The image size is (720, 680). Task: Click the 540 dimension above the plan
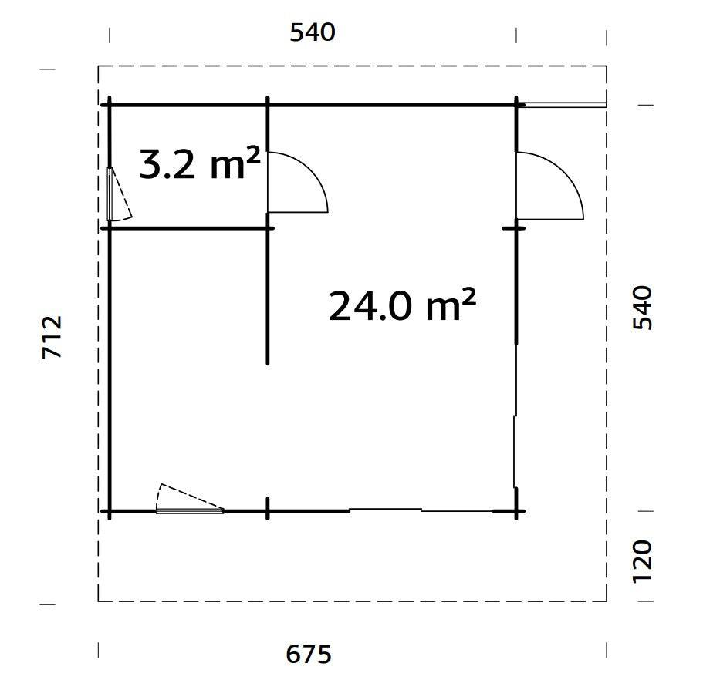[x=313, y=32]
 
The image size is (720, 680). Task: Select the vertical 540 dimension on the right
[x=642, y=308]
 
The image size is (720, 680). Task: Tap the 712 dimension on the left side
[x=52, y=336]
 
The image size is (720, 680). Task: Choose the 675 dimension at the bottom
[x=309, y=655]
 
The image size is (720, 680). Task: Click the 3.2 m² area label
[x=198, y=164]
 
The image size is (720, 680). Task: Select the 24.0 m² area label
[x=401, y=305]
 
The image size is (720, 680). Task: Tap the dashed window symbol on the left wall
[x=117, y=195]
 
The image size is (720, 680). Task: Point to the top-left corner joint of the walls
[x=110, y=104]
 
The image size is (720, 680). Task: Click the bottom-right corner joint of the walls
[x=515, y=510]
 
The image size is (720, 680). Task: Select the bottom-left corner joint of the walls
[x=110, y=510]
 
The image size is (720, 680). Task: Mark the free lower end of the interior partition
[x=268, y=361]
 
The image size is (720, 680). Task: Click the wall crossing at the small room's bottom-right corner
[x=268, y=228]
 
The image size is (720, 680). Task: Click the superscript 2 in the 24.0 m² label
[x=467, y=295]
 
